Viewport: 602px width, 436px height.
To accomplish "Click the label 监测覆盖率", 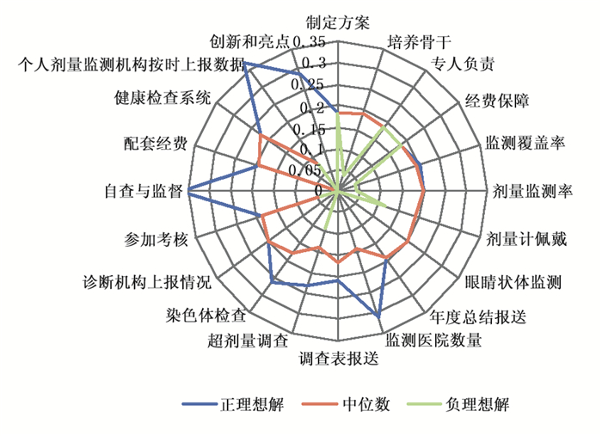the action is pos(524,143).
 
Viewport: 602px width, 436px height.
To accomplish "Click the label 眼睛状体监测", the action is pos(513,280).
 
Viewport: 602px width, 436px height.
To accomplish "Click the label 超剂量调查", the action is pos(248,342).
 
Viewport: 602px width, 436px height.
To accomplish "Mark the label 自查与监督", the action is pos(141,191).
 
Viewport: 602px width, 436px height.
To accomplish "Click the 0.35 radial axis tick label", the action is pos(309,41).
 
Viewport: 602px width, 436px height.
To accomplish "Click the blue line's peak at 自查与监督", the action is pos(188,190).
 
